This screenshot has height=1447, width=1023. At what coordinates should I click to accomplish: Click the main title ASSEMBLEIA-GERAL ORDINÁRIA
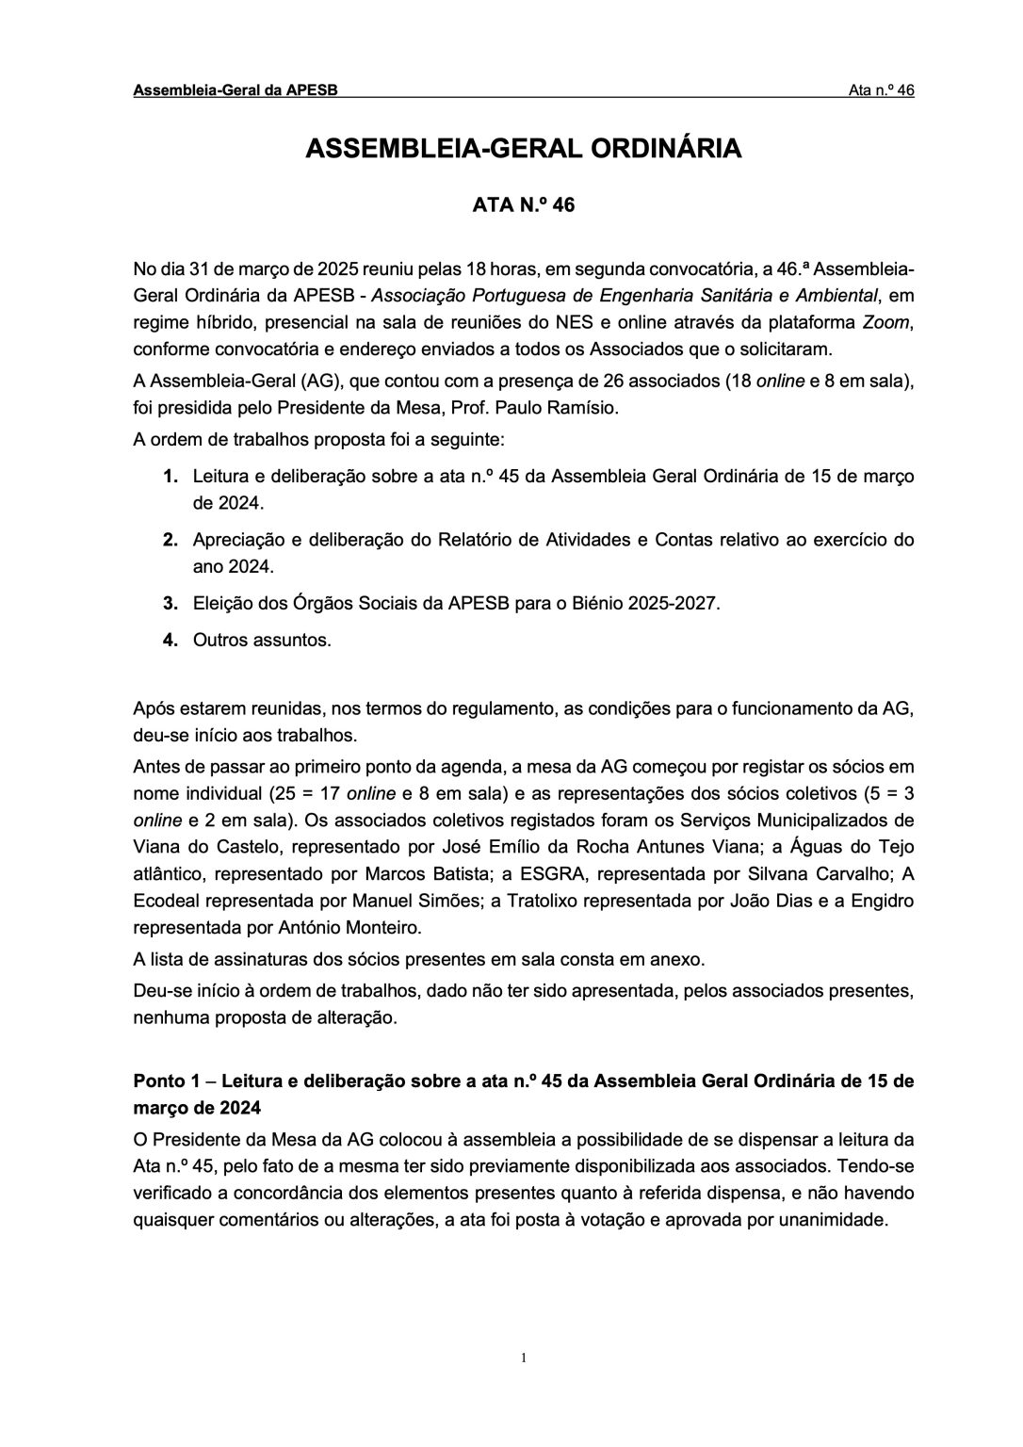click(523, 149)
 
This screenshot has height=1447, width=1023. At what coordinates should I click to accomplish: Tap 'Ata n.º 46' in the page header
click(881, 90)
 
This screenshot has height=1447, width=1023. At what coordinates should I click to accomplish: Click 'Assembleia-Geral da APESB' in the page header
click(235, 90)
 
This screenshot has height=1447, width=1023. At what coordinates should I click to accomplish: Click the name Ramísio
click(588, 409)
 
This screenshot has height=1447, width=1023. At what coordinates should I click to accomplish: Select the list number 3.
click(170, 604)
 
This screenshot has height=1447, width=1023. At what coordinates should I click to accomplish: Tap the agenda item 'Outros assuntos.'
click(262, 641)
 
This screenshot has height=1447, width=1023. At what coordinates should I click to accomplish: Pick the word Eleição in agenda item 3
click(222, 604)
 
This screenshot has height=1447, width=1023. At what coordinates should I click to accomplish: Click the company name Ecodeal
click(170, 901)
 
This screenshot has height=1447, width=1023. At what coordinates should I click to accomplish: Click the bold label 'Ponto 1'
click(167, 1081)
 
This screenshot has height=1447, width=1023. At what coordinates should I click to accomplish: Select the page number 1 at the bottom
click(524, 1358)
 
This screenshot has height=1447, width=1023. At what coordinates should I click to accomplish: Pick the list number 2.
click(170, 541)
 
